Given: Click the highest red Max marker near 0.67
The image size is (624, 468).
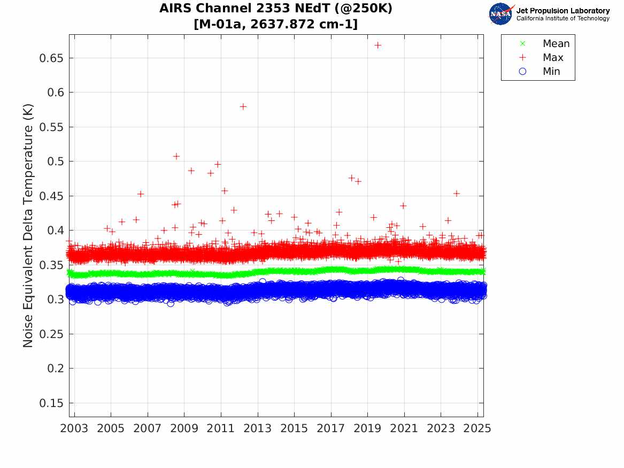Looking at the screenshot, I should [378, 45].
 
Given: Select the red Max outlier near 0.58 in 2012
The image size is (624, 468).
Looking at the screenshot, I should [243, 106].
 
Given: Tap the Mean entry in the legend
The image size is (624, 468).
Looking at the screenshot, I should [556, 44].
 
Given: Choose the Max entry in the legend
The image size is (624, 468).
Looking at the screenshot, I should [552, 58].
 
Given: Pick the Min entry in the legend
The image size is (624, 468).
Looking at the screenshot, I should [551, 72].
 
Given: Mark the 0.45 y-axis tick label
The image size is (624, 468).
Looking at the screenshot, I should [52, 196].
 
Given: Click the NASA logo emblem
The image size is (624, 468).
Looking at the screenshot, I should [500, 13].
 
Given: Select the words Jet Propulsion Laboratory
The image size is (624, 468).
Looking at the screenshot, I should [563, 11].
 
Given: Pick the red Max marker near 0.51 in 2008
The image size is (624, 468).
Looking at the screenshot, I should [176, 156].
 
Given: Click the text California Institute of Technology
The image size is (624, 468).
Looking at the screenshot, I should [563, 19].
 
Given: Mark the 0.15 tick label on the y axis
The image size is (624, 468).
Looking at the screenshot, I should [52, 403].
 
